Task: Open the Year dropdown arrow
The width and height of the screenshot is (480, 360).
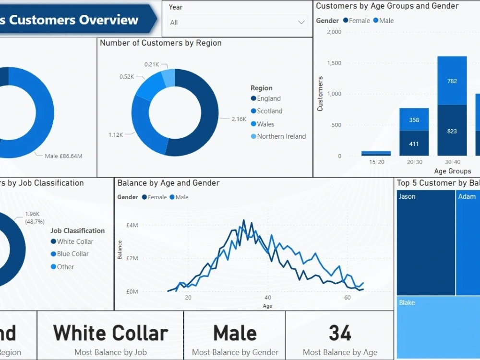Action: [x=301, y=22]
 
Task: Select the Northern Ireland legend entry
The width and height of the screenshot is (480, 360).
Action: [x=281, y=136]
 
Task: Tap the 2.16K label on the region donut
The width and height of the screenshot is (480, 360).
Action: [x=239, y=119]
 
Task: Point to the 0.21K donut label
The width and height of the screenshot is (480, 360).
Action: [x=152, y=64]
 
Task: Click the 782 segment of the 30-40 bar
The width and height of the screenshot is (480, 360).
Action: [x=452, y=81]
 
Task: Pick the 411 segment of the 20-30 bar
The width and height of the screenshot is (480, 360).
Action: [x=414, y=144]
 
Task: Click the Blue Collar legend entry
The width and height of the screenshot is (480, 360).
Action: [x=72, y=254]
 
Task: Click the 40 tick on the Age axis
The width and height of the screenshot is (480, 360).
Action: [x=268, y=298]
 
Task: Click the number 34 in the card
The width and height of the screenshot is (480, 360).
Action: [x=340, y=333]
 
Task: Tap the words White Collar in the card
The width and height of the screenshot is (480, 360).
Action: [x=110, y=333]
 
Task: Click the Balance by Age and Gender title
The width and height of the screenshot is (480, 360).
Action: [x=168, y=183]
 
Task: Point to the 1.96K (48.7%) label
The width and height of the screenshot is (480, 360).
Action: [x=35, y=217]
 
